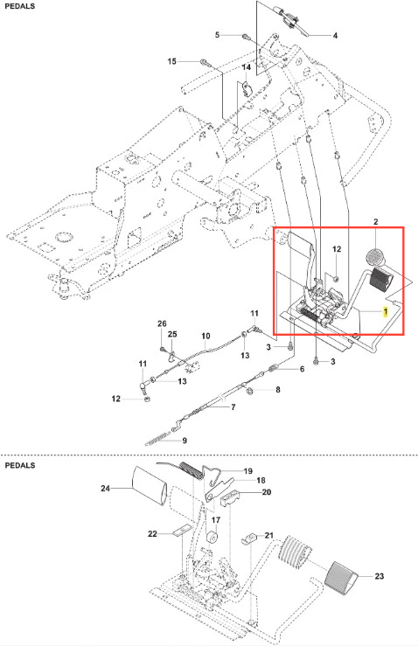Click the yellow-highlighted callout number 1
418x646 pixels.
[386, 312]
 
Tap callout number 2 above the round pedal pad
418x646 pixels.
[375, 222]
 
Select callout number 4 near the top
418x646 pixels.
[335, 36]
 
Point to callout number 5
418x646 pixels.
[217, 35]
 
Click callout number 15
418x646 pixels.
[172, 61]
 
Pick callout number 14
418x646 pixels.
[246, 67]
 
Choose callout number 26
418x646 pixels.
[162, 323]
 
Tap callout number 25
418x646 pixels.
[172, 334]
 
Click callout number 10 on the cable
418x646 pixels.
[206, 337]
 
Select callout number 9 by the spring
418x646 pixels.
[185, 441]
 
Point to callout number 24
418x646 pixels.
[106, 488]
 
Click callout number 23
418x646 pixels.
[380, 576]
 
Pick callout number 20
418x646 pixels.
[267, 492]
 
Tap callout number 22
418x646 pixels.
[152, 533]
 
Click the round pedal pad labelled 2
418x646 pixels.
[375, 256]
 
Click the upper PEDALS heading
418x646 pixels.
[20, 6]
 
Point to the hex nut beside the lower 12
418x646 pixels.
[145, 399]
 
